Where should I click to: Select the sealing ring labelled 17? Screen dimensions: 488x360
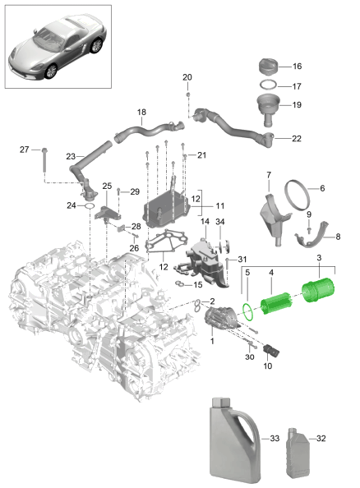pos(269,85)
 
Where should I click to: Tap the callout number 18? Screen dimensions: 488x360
pos(141,113)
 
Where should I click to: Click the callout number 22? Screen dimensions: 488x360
pos(297,138)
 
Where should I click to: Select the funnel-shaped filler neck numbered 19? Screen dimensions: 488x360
pos(270,106)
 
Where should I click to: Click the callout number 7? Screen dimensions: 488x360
pos(268,174)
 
